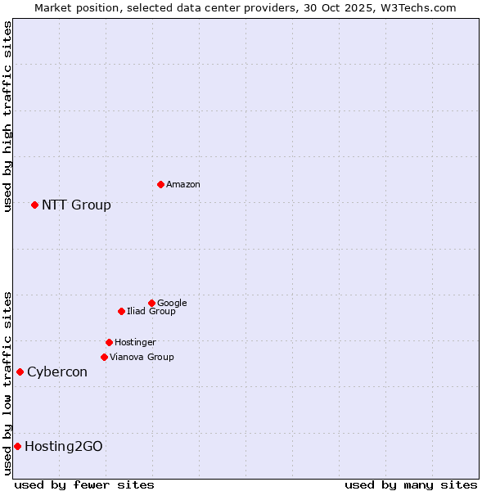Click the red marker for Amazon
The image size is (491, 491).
tap(160, 184)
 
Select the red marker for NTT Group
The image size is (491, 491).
tap(34, 205)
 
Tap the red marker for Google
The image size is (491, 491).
tap(151, 303)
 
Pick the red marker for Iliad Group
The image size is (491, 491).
tap(121, 311)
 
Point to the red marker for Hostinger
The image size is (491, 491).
tap(109, 342)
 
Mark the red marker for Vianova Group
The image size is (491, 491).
tap(104, 357)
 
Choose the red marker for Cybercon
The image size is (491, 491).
tap(20, 372)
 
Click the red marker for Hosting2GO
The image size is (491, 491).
tap(17, 446)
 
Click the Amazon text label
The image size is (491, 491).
tap(183, 185)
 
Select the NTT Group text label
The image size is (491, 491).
tap(76, 205)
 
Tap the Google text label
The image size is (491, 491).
tap(172, 304)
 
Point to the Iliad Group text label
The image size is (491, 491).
tap(151, 312)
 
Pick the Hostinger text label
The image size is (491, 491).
tap(135, 343)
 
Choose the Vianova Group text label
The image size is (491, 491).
tap(142, 358)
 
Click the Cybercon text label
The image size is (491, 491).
tap(56, 372)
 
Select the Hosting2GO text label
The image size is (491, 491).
tap(63, 447)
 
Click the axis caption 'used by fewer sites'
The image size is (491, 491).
tap(84, 484)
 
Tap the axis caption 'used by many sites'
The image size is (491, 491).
tap(411, 484)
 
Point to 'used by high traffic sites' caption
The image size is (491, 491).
tap(7, 116)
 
